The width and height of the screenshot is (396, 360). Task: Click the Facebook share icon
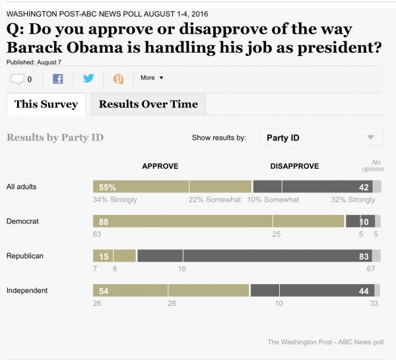pyautogui.click(x=58, y=79)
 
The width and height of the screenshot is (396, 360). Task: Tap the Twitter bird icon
pyautogui.click(x=88, y=78)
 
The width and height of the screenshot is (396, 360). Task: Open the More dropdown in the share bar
pyautogui.click(x=152, y=78)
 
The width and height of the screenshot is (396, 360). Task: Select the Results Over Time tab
pyautogui.click(x=148, y=104)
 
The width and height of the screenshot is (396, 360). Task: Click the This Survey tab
pyautogui.click(x=46, y=104)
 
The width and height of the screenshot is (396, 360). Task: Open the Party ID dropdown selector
pyautogui.click(x=321, y=138)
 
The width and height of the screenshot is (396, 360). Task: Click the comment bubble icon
pyautogui.click(x=17, y=80)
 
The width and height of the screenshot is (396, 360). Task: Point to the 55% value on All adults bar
pyautogui.click(x=108, y=187)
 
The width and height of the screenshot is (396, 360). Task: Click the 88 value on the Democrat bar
pyautogui.click(x=104, y=222)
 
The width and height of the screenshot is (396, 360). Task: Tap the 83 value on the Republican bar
pyautogui.click(x=364, y=256)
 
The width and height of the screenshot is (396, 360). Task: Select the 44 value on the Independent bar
pyautogui.click(x=364, y=291)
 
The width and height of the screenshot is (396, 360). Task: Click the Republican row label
pyautogui.click(x=25, y=256)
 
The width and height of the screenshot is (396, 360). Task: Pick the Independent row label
pyautogui.click(x=27, y=290)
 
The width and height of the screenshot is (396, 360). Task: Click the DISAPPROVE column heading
pyautogui.click(x=294, y=166)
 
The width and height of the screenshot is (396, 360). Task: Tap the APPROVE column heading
pyautogui.click(x=160, y=166)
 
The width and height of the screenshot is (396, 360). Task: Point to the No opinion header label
pyautogui.click(x=373, y=165)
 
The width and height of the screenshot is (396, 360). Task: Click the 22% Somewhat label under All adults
pyautogui.click(x=214, y=200)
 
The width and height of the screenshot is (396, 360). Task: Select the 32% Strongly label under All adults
pyautogui.click(x=353, y=200)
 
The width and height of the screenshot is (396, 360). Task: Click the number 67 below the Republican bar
pyautogui.click(x=371, y=268)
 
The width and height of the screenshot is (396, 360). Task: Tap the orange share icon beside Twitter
pyautogui.click(x=118, y=79)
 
